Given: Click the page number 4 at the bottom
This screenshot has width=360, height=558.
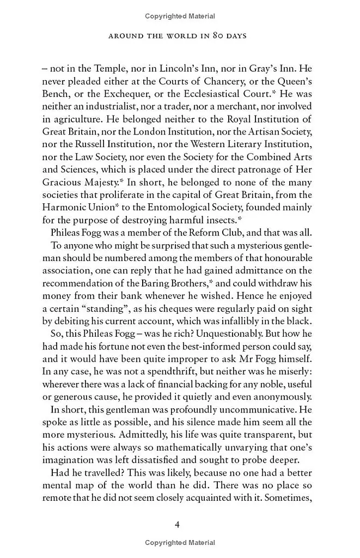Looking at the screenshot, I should click(x=177, y=524).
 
